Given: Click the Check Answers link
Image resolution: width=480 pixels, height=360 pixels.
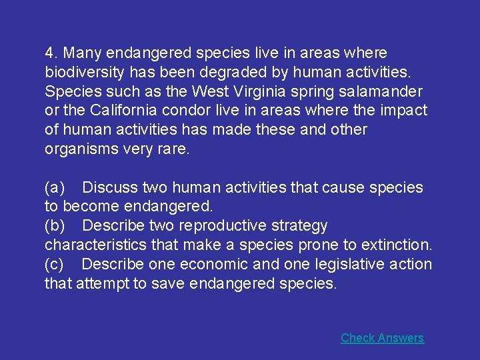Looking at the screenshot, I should (x=382, y=338).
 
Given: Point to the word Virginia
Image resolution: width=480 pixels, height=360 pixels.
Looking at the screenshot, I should (x=259, y=91).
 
